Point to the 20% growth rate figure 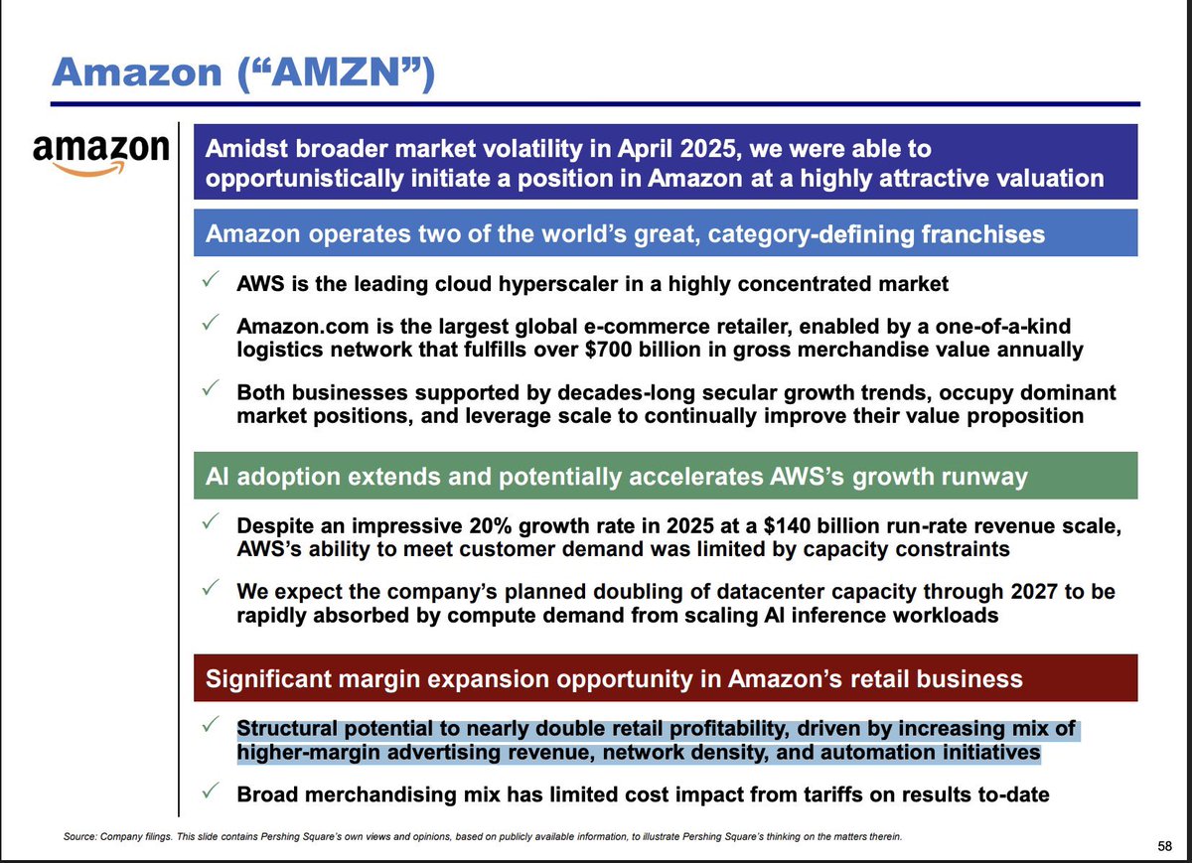tap(541, 525)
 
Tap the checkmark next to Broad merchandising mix tap(210, 792)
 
